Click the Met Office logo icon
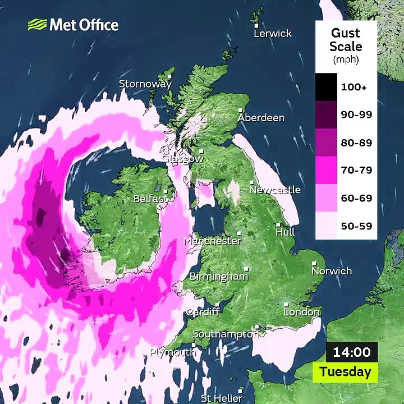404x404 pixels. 37,25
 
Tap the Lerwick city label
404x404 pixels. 273,34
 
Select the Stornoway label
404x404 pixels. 145,84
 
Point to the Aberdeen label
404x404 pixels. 261,118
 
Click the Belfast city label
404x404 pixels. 150,199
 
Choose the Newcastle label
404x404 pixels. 275,190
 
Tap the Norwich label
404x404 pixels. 332,271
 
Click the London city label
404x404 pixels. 301,312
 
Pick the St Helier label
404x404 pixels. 222,398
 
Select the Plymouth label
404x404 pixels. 172,352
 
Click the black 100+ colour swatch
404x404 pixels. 325,87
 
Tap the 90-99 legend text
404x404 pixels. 356,115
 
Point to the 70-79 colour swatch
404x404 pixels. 325,170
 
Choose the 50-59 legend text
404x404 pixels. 356,227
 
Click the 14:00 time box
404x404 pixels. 352,352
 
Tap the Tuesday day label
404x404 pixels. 345,371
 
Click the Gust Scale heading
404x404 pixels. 346,39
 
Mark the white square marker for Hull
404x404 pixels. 279,225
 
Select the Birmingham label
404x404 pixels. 218,277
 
